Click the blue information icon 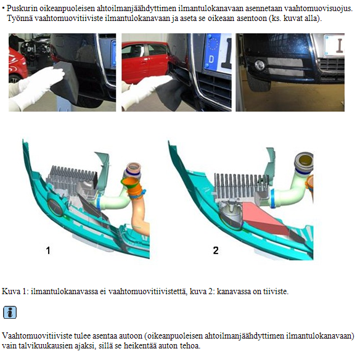click(x=10, y=313)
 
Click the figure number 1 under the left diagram click(x=48, y=250)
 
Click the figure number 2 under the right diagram click(x=216, y=250)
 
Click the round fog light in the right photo click(x=260, y=65)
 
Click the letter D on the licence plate click(x=211, y=59)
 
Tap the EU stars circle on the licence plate click(x=213, y=44)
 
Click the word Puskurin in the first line click(x=22, y=9)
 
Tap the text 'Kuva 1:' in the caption click(x=15, y=291)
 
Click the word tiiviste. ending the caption click(x=276, y=291)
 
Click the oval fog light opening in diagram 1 click(x=56, y=207)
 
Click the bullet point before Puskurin click(x=3, y=9)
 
